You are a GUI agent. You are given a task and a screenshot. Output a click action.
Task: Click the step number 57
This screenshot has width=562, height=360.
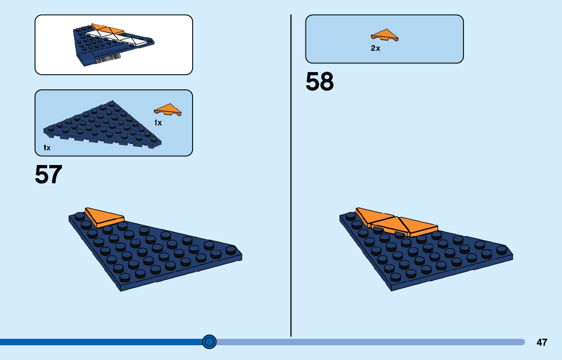[x=48, y=175]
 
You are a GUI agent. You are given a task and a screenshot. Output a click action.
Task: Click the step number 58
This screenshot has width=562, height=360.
[x=320, y=82]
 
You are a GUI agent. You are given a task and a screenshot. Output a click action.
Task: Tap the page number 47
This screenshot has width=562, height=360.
[x=542, y=342]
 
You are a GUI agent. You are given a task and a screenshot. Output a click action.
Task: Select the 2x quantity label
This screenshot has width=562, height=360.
[x=376, y=49]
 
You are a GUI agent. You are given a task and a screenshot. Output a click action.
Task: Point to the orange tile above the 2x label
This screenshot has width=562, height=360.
[x=385, y=35]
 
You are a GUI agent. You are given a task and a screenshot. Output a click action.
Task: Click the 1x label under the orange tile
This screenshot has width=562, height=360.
[x=158, y=123]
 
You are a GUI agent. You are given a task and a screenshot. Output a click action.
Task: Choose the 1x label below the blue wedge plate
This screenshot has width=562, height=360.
[x=47, y=148]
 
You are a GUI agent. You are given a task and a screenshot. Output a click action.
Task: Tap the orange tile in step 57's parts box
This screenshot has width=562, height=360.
[x=168, y=110]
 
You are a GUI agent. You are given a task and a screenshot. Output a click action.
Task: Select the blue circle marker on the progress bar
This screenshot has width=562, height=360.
[x=209, y=342]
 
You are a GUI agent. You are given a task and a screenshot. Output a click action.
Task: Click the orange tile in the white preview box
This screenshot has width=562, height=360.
[x=108, y=29]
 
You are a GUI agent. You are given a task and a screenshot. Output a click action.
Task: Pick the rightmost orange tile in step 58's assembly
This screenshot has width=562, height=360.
[x=418, y=226]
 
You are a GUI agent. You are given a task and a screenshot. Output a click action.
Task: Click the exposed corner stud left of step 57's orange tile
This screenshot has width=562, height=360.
[x=80, y=216]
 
